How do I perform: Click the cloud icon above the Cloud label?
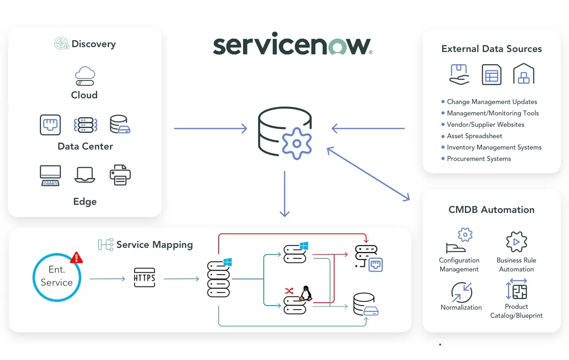point(85,76)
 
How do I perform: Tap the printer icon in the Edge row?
point(120,175)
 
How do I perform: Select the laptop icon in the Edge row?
point(85,175)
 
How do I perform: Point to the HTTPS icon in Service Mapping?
point(144,278)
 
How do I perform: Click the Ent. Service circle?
point(57,278)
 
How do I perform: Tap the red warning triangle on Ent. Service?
point(76,258)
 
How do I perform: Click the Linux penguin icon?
point(306,293)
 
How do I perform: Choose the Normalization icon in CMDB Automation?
point(462,292)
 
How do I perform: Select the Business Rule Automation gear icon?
point(517,242)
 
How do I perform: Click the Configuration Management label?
point(459,265)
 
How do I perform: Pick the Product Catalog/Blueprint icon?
point(517,289)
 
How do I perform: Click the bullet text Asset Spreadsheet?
point(474,136)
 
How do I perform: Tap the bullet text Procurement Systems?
point(479,159)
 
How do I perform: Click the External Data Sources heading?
point(491,49)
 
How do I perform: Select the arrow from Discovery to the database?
point(210,128)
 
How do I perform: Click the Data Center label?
point(85,146)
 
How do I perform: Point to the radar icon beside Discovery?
point(62,43)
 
